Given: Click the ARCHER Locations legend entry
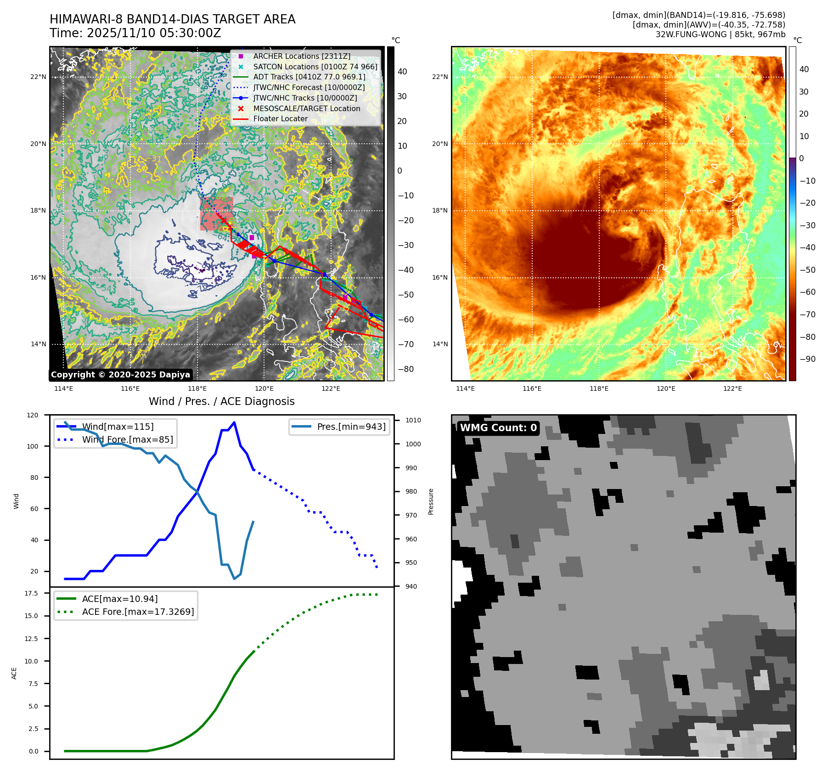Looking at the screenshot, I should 301,56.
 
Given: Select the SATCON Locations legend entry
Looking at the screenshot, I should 315,67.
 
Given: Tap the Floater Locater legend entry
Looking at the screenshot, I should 280,118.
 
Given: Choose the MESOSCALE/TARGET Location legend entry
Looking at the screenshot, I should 306,108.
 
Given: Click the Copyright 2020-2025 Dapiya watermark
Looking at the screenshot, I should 120,375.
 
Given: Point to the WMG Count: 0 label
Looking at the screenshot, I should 498,428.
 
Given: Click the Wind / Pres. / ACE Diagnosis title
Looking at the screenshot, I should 221,401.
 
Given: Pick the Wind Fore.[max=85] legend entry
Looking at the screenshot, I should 127,439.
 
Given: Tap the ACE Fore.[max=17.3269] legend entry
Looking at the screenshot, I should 138,612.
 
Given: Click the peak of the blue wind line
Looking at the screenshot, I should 234,422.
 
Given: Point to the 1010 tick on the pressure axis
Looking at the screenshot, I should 413,420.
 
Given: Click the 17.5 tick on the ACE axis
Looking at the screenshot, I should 31,593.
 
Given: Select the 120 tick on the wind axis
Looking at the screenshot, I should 33,415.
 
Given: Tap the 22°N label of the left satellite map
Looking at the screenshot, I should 38,77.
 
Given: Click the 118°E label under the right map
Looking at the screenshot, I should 599,388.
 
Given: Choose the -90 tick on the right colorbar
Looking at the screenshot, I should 807,359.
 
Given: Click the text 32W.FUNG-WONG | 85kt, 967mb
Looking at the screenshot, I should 720,34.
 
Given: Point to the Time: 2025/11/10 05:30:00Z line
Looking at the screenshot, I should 135,33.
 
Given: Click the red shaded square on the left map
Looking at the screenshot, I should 216,214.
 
